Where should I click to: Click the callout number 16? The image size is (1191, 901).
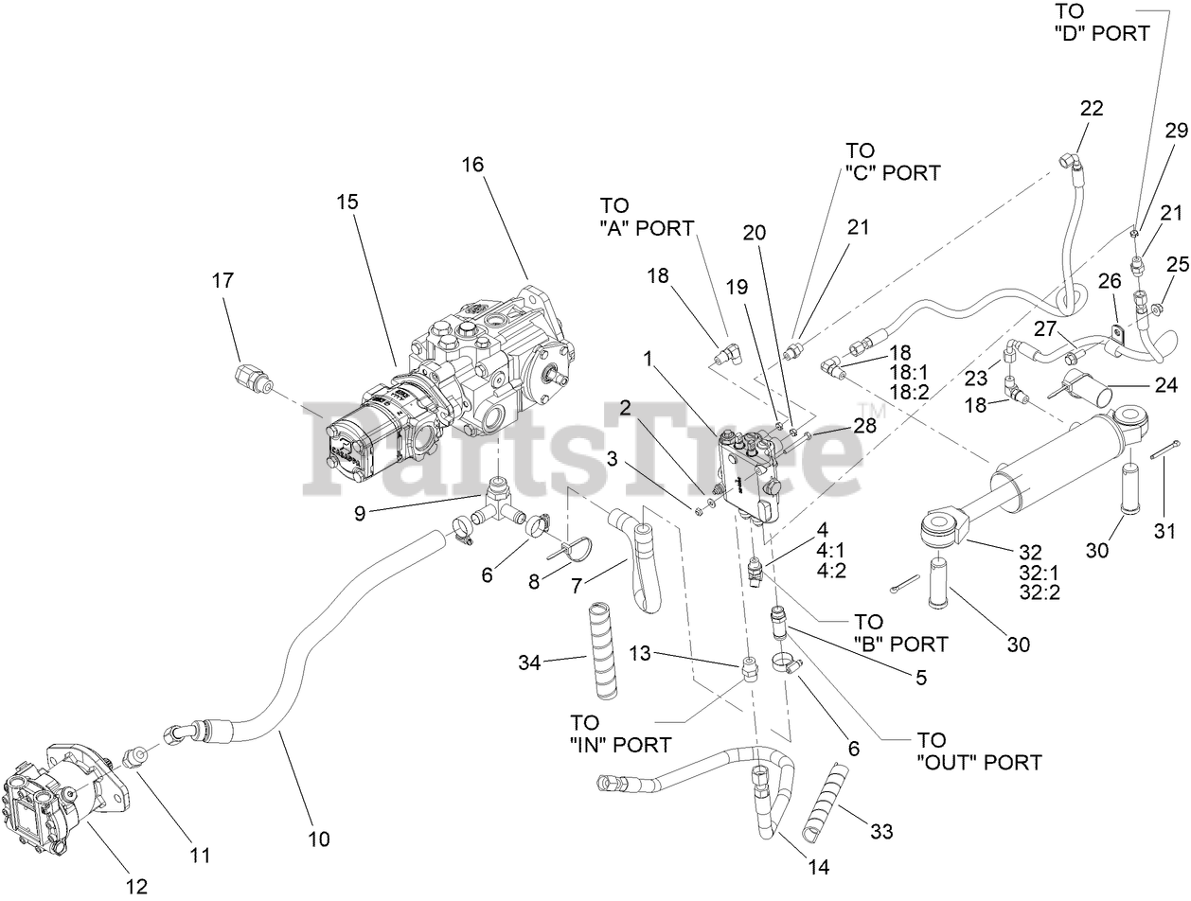(x=472, y=164)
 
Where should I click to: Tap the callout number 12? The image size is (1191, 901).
(x=136, y=886)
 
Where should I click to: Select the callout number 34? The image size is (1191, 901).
(x=529, y=663)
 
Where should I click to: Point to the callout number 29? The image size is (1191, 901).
(x=1176, y=132)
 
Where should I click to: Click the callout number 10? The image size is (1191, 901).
(x=319, y=838)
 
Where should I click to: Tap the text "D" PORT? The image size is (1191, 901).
(x=1102, y=32)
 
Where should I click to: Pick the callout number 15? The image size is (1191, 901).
(x=347, y=202)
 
